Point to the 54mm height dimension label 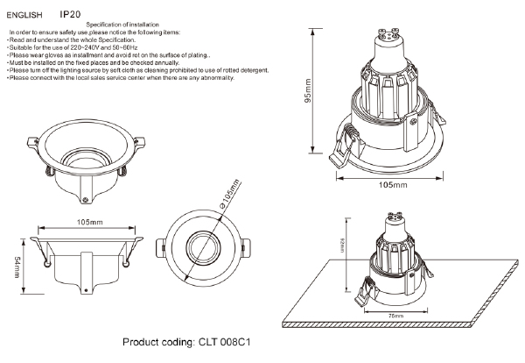[17, 262]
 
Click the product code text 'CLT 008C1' [229, 344]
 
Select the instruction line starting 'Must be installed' [104, 63]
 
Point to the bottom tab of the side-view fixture [87, 290]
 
